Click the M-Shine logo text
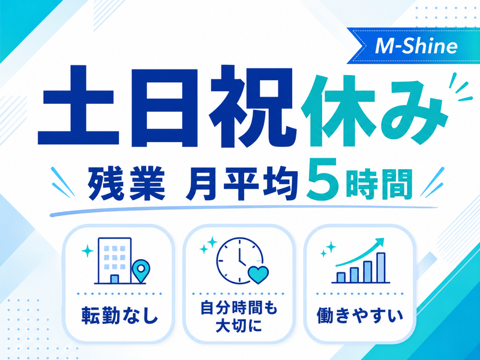[x=416, y=46]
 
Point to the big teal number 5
[x=324, y=179]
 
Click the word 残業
[x=127, y=184]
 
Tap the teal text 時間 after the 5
[x=379, y=184]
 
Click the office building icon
[x=114, y=260]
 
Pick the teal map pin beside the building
[x=141, y=271]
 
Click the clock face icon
[x=239, y=260]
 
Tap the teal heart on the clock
[x=258, y=274]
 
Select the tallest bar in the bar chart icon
[x=381, y=267]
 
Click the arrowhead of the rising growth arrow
[x=380, y=241]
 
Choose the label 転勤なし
[x=119, y=316]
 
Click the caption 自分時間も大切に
[x=239, y=317]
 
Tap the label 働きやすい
[x=360, y=316]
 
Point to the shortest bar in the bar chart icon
[x=341, y=277]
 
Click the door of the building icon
[x=114, y=279]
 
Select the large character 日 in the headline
[x=164, y=107]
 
